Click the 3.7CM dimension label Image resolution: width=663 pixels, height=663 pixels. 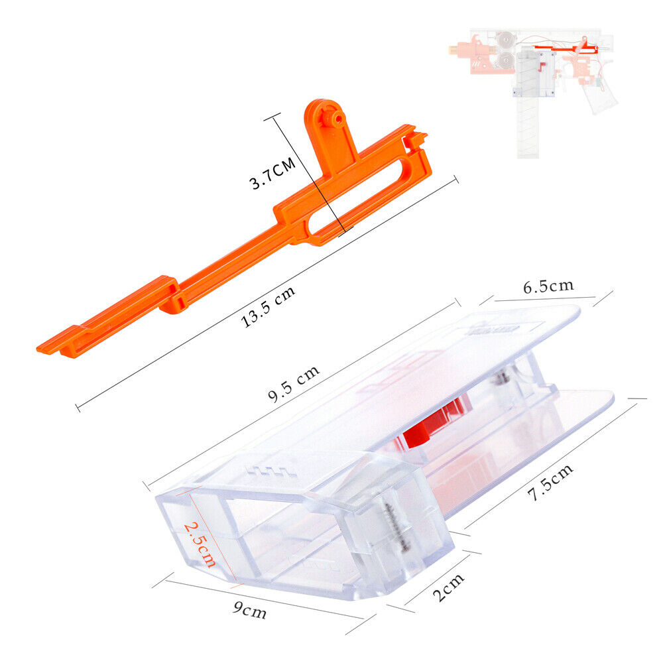coord(272,174)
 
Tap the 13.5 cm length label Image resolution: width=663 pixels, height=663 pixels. coord(268,306)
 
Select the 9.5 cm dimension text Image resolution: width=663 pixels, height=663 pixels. coord(294,383)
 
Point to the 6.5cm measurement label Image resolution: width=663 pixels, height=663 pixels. coord(548,286)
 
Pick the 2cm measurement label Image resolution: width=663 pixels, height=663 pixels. coord(449,587)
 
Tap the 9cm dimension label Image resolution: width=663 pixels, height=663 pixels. coord(250,610)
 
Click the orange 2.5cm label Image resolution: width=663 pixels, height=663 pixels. coord(200,544)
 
